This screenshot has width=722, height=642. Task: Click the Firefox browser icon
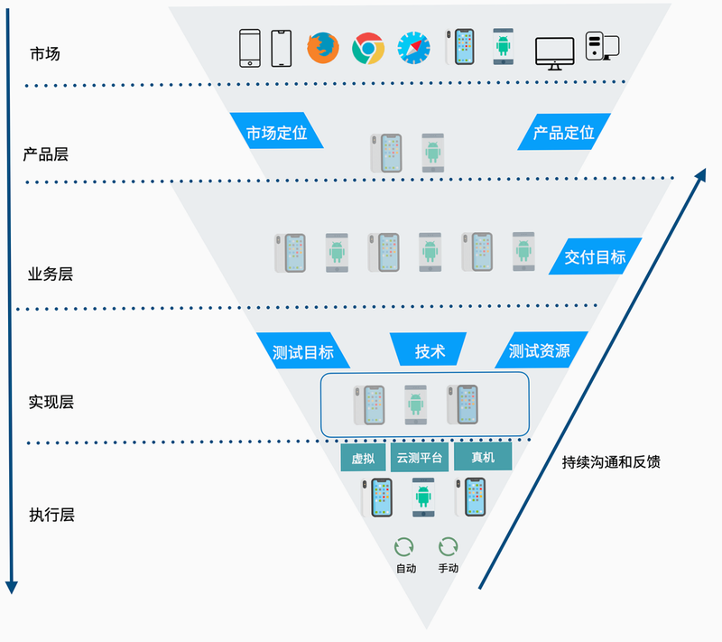coord(323,48)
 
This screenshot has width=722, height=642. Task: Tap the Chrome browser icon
coord(368,48)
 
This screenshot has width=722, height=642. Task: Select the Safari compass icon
coord(413,48)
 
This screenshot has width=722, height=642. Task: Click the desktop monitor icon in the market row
coord(554,53)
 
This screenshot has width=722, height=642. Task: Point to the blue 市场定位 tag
coord(276,130)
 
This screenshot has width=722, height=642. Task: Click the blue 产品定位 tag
coord(564,132)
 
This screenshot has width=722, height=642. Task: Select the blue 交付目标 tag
coord(595,256)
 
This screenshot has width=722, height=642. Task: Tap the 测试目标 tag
coord(303,350)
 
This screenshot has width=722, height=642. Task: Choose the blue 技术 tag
coord(428,349)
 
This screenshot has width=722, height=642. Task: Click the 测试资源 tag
coord(541,349)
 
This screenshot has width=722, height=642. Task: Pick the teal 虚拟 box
coord(363,457)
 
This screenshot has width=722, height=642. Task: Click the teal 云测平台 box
coord(420,457)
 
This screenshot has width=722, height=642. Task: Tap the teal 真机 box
coord(483,456)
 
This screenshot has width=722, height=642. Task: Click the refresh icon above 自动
coord(403,547)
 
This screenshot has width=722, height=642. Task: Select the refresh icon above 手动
coord(448,546)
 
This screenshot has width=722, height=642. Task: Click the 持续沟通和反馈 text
coord(611,461)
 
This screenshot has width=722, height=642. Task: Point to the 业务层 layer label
coord(51,274)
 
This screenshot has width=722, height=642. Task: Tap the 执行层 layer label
coord(51,515)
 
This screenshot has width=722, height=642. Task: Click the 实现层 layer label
coord(51,402)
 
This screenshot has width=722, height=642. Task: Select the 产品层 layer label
coord(46,154)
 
